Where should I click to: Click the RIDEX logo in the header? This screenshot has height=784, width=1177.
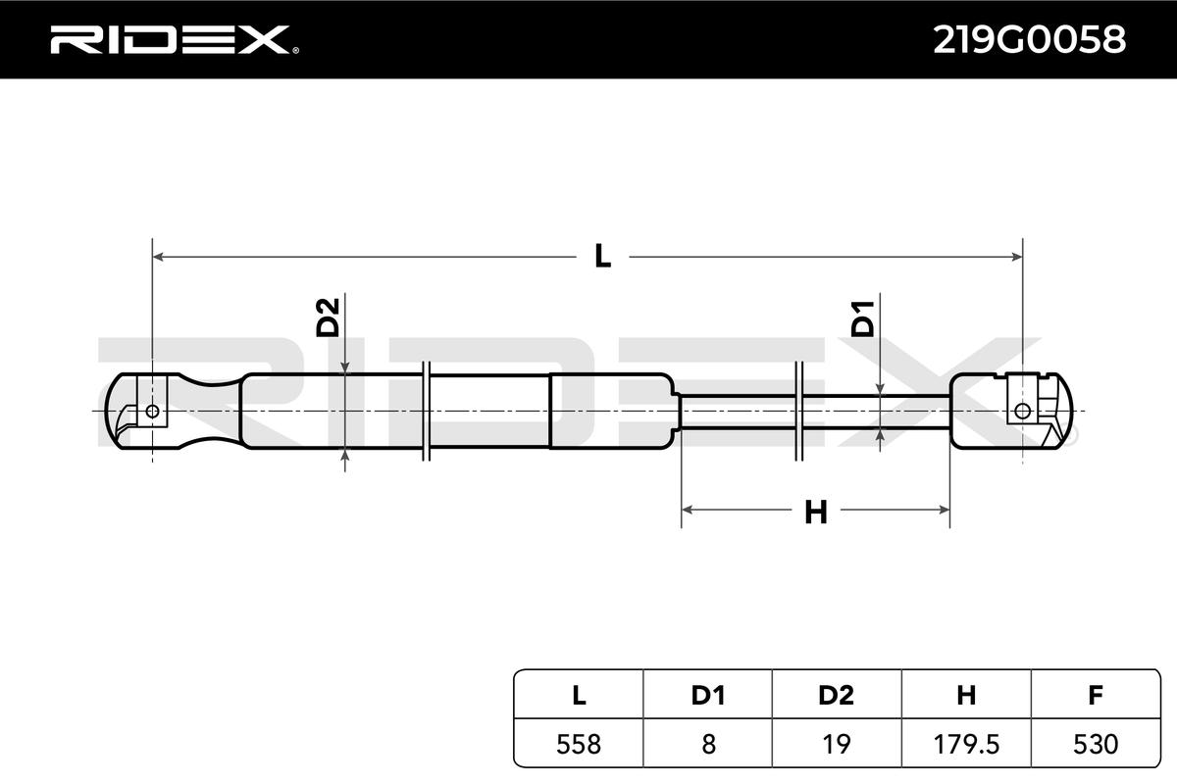pyautogui.click(x=175, y=39)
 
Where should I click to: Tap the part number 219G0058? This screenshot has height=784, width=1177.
pyautogui.click(x=1029, y=39)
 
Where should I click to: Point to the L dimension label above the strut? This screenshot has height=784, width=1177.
pyautogui.click(x=602, y=256)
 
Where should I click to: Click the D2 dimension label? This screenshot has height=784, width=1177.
pyautogui.click(x=328, y=318)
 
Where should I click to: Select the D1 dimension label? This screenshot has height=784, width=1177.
pyautogui.click(x=862, y=318)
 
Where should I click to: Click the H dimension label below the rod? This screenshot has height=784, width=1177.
pyautogui.click(x=815, y=513)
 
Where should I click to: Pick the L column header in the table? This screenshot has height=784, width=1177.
pyautogui.click(x=579, y=695)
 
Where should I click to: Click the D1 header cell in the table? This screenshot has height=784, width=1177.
pyautogui.click(x=708, y=695)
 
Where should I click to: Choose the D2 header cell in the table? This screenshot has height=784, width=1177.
pyautogui.click(x=836, y=695)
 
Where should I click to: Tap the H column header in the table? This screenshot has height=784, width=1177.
pyautogui.click(x=966, y=695)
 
